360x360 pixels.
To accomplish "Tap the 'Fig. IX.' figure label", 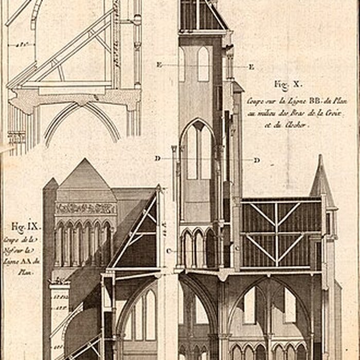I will (25, 226).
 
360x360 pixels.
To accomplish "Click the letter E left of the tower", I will (159, 65).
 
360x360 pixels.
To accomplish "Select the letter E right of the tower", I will (251, 67).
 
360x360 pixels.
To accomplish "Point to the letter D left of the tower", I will (157, 158).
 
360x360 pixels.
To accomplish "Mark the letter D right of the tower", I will (256, 160).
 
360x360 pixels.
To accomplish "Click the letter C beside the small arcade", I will (169, 250).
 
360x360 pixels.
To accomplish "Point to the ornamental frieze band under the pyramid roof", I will (85, 208).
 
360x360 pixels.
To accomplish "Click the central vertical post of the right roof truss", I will (276, 234).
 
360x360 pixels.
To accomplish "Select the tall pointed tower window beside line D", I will (198, 152).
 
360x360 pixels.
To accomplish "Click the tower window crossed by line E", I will (203, 64).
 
